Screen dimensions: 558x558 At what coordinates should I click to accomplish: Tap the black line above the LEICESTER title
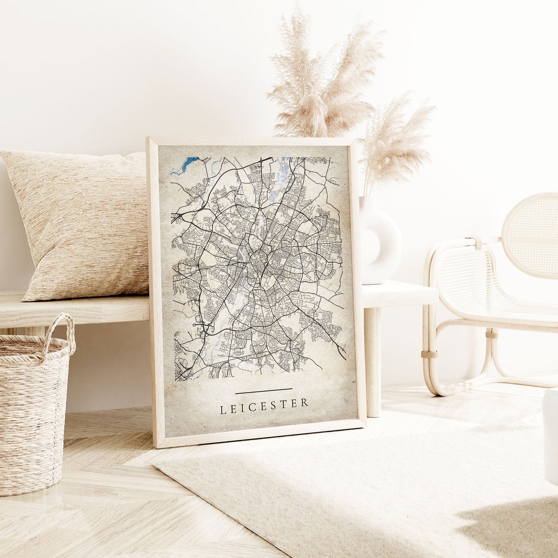(263, 391)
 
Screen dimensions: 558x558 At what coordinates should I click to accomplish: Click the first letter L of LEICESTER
(223, 410)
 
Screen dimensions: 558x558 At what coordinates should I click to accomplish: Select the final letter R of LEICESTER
(305, 402)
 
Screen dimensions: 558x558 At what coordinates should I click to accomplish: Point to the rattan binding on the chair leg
(428, 354)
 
